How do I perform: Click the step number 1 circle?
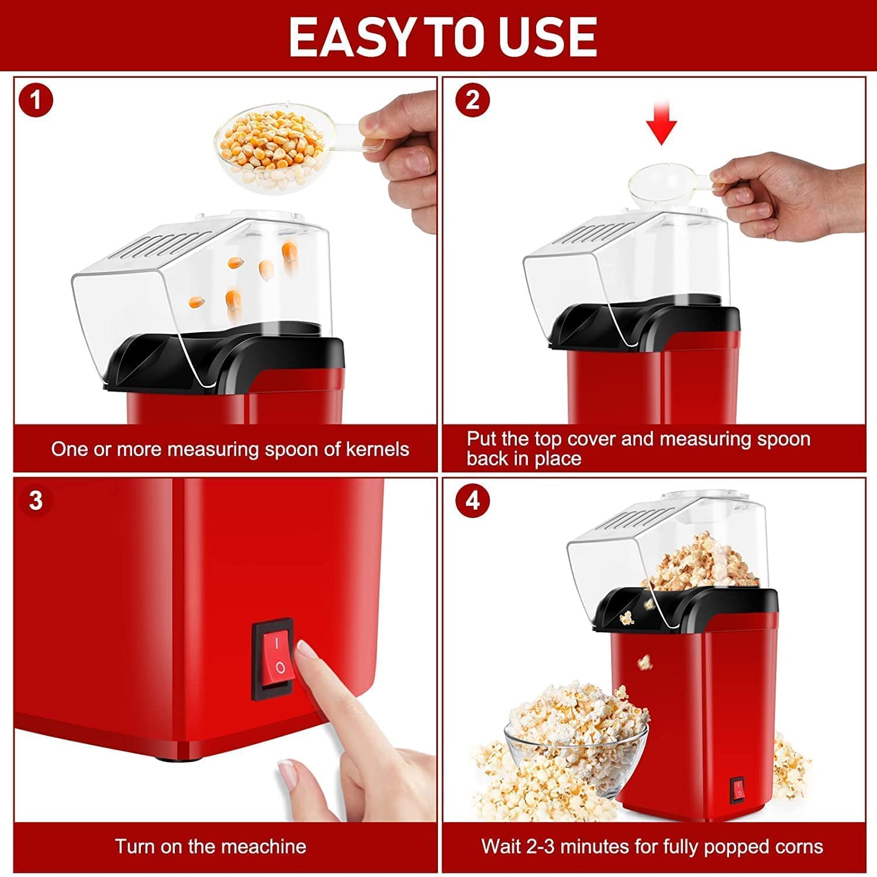coord(36,100)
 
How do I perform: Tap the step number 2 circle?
coord(472,100)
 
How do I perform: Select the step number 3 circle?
coord(36,500)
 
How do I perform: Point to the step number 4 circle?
coord(472,500)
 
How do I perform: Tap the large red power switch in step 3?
coord(272,658)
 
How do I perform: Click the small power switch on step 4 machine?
coord(738,789)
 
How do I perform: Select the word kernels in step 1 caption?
coord(378,449)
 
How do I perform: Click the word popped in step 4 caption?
coord(737,846)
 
